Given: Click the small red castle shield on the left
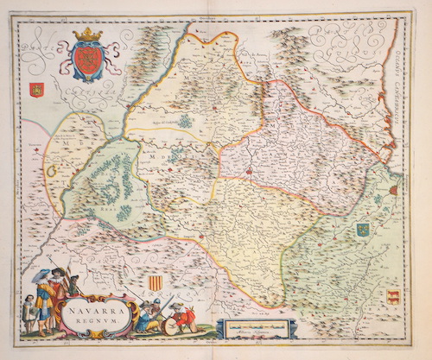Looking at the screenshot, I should tap(35, 88).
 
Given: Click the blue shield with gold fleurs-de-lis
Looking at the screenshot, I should tap(363, 230).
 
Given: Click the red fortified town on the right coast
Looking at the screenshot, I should tap(394, 189).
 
